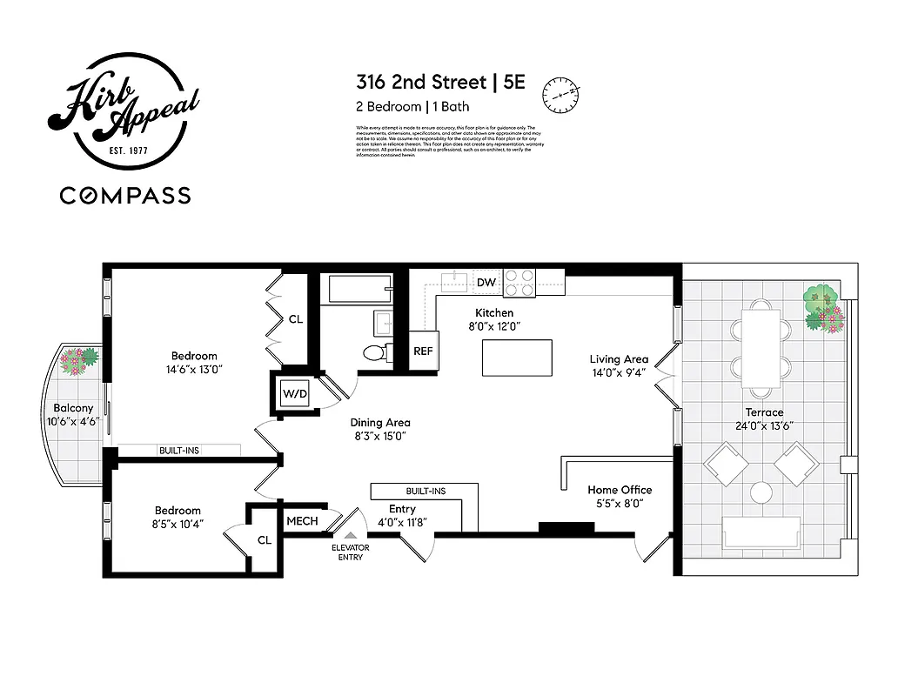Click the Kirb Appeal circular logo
click(125, 114)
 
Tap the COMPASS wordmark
click(125, 195)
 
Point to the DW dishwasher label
click(486, 283)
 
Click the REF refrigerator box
click(423, 351)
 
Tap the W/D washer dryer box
click(294, 393)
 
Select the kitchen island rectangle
click(517, 358)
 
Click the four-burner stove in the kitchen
click(519, 283)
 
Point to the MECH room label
click(302, 521)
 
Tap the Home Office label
click(620, 490)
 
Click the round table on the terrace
click(761, 493)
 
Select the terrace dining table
click(761, 344)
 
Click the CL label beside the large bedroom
click(296, 319)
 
